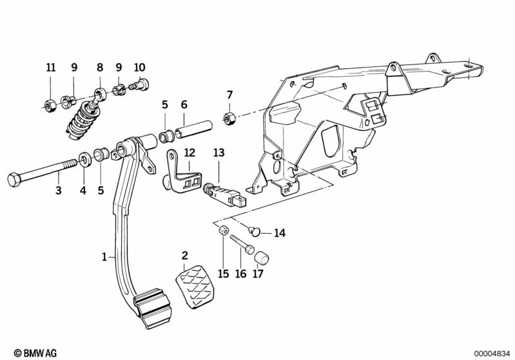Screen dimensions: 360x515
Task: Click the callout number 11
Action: tap(51, 67)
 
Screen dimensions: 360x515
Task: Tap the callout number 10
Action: tap(140, 67)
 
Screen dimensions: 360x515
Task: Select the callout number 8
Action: tap(100, 67)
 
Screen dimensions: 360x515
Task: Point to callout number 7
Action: tap(229, 95)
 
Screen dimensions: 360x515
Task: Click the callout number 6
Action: tap(184, 104)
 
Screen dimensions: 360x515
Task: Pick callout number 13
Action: tap(219, 153)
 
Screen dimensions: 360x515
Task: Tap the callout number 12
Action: tap(189, 153)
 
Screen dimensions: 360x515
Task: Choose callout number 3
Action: tap(59, 191)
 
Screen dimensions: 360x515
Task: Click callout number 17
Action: tap(258, 274)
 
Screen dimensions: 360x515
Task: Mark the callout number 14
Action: tap(278, 233)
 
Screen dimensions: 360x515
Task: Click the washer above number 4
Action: tap(84, 158)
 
